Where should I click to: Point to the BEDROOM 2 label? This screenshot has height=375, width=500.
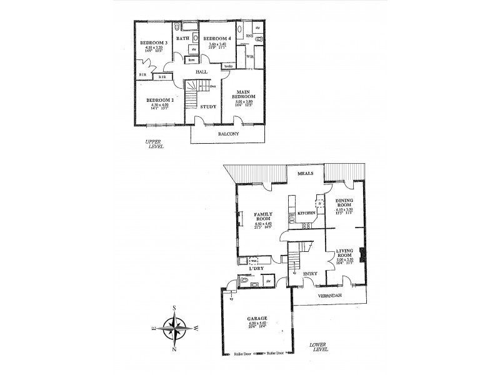[159, 100]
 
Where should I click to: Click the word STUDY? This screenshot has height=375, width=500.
[208, 106]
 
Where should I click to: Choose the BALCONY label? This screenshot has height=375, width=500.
[229, 133]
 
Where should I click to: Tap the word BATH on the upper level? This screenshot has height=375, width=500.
[182, 39]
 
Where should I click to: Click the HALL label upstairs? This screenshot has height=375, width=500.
[201, 72]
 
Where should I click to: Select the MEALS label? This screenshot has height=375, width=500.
[305, 173]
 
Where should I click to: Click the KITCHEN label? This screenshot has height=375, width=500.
[306, 214]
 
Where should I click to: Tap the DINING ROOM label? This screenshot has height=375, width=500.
[344, 203]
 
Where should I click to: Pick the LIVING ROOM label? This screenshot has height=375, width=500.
[344, 252]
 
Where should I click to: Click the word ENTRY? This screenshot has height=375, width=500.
[310, 274]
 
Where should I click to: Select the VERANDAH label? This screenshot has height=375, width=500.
[331, 294]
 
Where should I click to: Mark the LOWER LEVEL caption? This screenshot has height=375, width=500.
[321, 348]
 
